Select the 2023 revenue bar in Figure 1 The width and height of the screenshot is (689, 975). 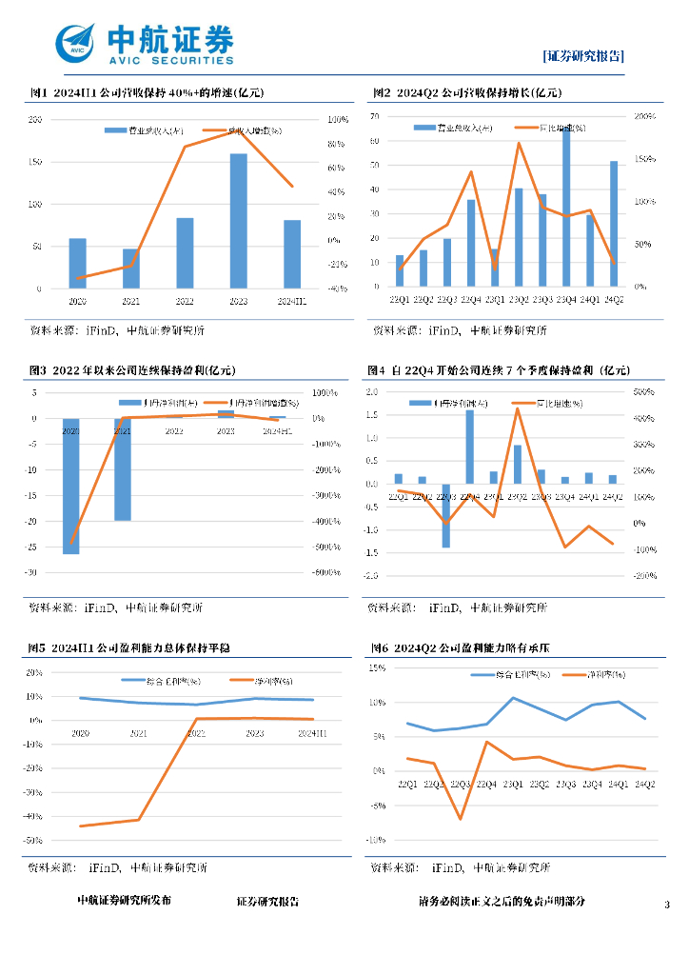[x=238, y=221]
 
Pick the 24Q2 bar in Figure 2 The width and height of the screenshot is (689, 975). [x=614, y=224]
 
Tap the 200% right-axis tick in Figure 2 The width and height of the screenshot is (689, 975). [x=644, y=116]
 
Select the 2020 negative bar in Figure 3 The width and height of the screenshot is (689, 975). [x=71, y=486]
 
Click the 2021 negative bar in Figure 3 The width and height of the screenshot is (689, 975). [x=123, y=469]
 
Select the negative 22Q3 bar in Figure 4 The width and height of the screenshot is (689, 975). [x=445, y=515]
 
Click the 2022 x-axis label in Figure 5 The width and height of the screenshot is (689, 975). [x=196, y=733]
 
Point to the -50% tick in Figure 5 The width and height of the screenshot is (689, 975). [x=33, y=841]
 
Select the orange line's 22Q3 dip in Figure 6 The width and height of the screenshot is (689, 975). [x=460, y=818]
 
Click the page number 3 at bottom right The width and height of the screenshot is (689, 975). [x=667, y=904]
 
